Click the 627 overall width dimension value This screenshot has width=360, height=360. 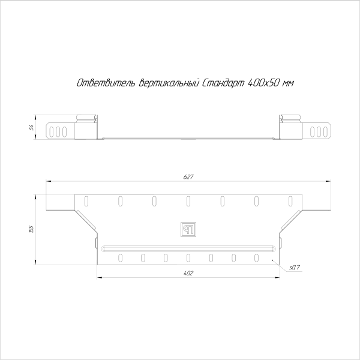[x=188, y=177]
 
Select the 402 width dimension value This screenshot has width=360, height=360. [x=188, y=274]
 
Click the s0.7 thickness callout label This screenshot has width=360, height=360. [x=295, y=266]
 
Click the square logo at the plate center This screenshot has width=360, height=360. [x=188, y=229]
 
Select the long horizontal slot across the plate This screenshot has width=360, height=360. [x=188, y=247]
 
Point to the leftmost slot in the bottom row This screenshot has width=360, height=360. [x=121, y=257]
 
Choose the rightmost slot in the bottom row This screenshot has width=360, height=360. [x=256, y=257]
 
